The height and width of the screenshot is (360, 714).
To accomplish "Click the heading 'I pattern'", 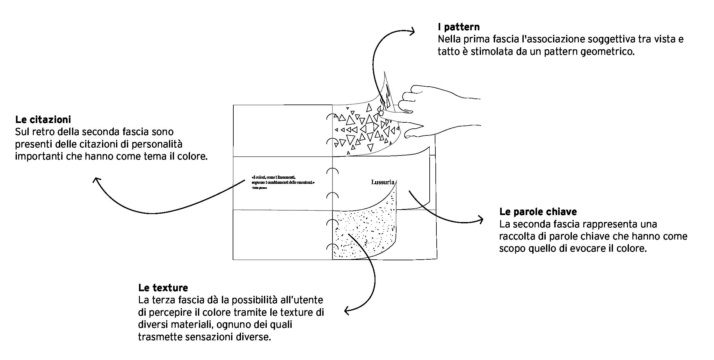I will coord(458,27).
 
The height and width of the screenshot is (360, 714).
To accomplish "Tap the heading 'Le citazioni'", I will coord(43,119).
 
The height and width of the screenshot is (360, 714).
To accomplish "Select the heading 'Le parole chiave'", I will coord(538,212).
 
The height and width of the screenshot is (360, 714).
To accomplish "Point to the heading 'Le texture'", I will coord(163,288).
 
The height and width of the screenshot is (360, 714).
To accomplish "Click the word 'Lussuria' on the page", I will coord(383,182).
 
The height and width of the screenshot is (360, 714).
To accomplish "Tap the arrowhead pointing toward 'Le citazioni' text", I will coord(96,180).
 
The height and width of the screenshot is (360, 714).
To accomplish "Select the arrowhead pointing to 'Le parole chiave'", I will coord(480,219).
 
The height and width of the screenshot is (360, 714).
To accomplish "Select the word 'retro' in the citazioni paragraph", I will coord(42,132).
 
